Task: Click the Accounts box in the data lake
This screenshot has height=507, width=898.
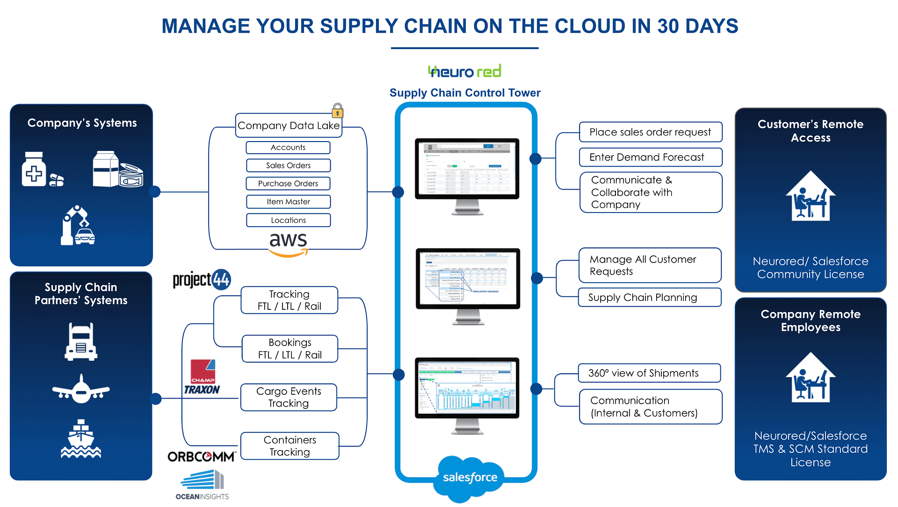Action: [x=288, y=148]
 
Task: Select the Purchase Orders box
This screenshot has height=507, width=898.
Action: [x=288, y=184]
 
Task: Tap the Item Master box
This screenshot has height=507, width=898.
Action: [x=288, y=202]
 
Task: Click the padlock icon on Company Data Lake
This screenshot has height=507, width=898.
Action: [x=337, y=111]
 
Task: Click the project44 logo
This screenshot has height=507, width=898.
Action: [x=202, y=280]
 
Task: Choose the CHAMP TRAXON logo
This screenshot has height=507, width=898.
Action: [x=202, y=377]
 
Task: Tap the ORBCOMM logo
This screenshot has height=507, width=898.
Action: [x=202, y=457]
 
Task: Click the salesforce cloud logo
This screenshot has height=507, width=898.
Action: [x=470, y=478]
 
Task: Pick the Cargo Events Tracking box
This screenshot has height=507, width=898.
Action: [x=289, y=397]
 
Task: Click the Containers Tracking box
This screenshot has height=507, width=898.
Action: [x=290, y=446]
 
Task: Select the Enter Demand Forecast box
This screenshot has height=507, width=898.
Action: [x=651, y=157]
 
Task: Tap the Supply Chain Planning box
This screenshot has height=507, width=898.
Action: [x=650, y=298]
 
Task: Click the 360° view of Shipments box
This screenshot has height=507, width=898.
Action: [x=649, y=373]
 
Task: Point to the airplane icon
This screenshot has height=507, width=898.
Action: [x=81, y=389]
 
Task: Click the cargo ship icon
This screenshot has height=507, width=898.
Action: [x=81, y=439]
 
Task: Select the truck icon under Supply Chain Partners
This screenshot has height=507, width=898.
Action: [x=81, y=342]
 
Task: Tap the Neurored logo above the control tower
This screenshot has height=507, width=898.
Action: [x=464, y=71]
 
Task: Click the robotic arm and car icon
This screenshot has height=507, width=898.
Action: [x=78, y=226]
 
